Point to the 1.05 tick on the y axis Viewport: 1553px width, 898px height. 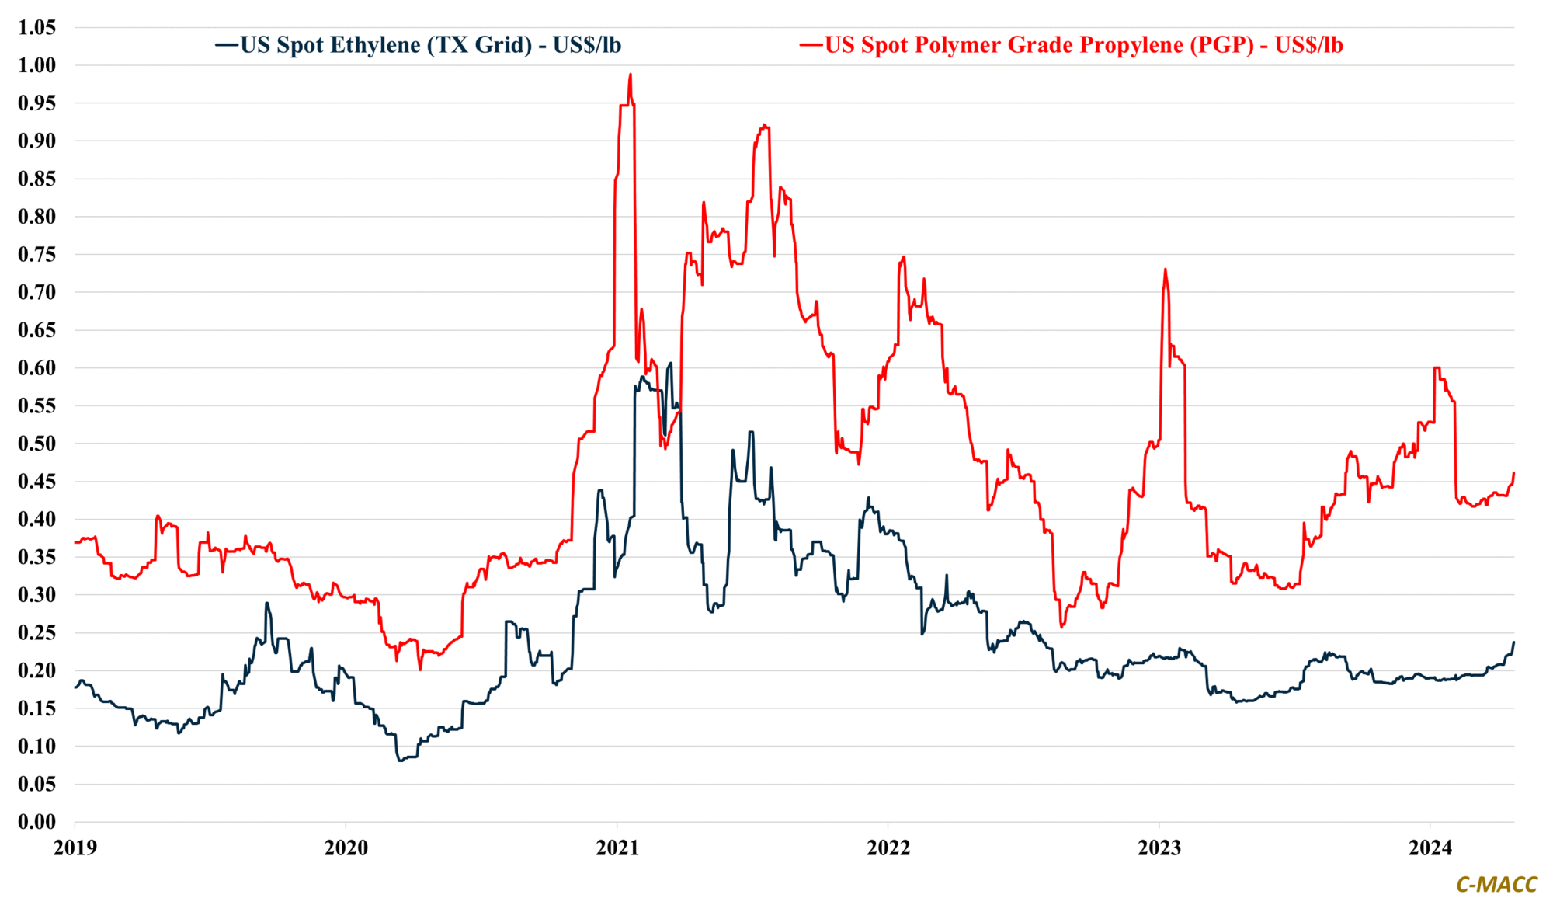[37, 27]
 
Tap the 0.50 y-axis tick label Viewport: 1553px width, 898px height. [37, 444]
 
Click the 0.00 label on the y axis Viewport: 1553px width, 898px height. [37, 822]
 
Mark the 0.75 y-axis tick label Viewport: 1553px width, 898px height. [37, 254]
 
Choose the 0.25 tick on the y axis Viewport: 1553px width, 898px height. [37, 632]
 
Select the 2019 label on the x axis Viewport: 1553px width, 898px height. [75, 848]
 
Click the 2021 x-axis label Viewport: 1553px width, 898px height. [617, 848]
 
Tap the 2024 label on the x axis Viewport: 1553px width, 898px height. [1430, 848]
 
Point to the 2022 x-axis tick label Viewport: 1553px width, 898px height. [888, 848]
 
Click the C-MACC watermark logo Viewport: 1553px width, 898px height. [1496, 884]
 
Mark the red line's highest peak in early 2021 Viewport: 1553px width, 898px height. [631, 75]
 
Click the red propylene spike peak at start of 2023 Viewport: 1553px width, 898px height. [1166, 270]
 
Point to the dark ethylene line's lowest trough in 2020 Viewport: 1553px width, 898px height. [401, 761]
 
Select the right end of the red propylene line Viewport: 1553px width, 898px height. [1514, 473]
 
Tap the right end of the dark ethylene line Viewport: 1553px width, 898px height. [1514, 642]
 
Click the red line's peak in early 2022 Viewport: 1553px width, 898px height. [904, 257]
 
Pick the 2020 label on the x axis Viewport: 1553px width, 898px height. [346, 848]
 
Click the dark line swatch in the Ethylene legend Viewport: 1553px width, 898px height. [227, 45]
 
